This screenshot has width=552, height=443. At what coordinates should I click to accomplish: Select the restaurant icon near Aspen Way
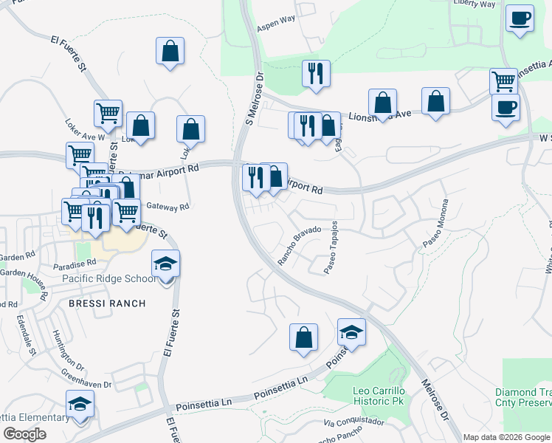316,74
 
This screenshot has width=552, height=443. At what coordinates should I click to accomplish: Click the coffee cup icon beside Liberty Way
520,18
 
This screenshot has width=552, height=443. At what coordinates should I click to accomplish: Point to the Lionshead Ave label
380,115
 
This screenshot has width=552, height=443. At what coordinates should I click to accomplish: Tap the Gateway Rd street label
168,207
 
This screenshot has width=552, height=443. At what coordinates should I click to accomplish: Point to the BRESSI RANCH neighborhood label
107,303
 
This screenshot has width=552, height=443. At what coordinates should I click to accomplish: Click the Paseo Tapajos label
331,247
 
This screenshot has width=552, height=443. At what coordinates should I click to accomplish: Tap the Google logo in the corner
24,434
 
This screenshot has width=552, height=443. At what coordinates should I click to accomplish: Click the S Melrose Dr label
255,97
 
